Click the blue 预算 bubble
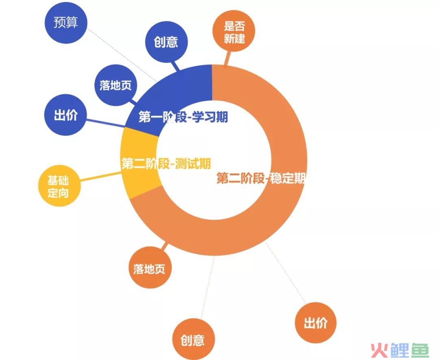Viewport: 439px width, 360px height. click(x=66, y=22)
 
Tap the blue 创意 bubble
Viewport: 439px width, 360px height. click(x=166, y=42)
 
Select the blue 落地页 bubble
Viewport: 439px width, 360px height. click(x=115, y=85)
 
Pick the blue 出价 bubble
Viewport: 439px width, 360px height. click(x=65, y=115)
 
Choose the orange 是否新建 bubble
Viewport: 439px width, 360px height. click(x=234, y=31)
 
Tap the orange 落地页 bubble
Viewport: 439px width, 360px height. click(x=150, y=268)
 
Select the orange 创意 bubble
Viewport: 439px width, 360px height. click(x=193, y=339)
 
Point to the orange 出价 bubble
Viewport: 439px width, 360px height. click(x=315, y=323)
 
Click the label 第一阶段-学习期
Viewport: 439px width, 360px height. click(x=183, y=117)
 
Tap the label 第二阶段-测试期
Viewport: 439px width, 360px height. click(x=166, y=164)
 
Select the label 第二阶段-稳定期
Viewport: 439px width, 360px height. click(x=261, y=178)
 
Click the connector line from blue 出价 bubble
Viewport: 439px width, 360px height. click(x=106, y=123)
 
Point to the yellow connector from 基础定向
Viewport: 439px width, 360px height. click(x=100, y=177)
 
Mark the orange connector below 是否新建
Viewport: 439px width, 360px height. click(x=228, y=59)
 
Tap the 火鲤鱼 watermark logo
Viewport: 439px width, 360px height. click(x=400, y=350)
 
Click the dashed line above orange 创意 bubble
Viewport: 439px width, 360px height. click(x=208, y=288)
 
